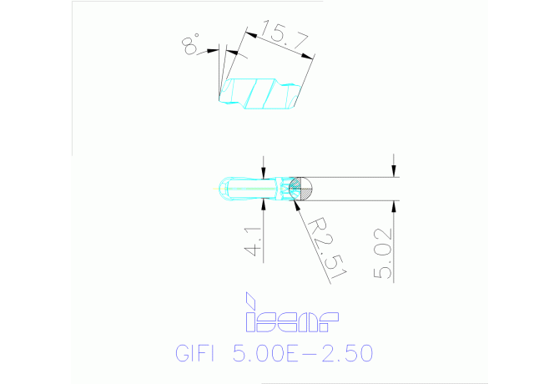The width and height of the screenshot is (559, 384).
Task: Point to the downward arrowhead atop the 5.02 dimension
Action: click(394, 170)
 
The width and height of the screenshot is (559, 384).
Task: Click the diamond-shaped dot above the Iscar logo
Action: click(248, 298)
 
